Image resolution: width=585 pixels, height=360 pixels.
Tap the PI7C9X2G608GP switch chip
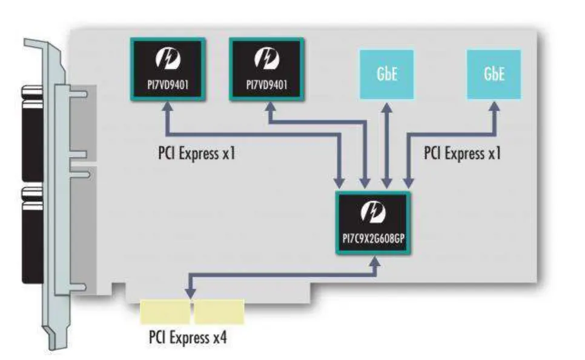[373, 222]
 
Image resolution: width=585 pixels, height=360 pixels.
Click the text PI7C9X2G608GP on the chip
[373, 238]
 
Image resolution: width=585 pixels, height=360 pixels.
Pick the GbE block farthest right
[494, 74]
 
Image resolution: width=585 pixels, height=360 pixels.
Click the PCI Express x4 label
[188, 336]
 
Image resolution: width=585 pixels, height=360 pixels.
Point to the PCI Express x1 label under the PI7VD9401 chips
[196, 153]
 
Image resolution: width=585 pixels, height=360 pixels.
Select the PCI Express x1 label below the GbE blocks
[463, 153]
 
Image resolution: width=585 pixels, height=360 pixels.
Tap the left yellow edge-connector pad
[165, 311]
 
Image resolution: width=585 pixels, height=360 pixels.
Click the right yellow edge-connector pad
[219, 311]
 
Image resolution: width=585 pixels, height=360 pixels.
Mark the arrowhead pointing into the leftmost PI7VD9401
[167, 106]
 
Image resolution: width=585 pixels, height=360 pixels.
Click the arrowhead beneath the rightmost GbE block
[494, 106]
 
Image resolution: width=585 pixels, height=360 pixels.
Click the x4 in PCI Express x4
[219, 336]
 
